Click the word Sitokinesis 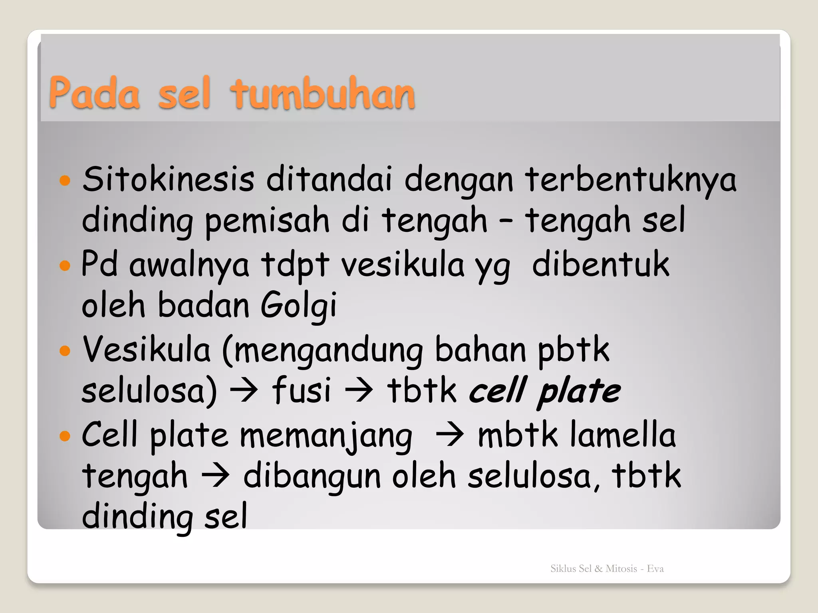pos(168,179)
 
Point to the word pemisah pos(267,221)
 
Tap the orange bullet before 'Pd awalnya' pos(65,265)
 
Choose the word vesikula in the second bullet pos(403,265)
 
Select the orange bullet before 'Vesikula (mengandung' pos(65,351)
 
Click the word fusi pos(302,390)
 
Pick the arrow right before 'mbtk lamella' pos(450,434)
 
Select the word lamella pos(623,434)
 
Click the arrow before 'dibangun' pos(216,476)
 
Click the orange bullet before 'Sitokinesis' pos(65,180)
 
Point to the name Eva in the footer pos(655,569)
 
